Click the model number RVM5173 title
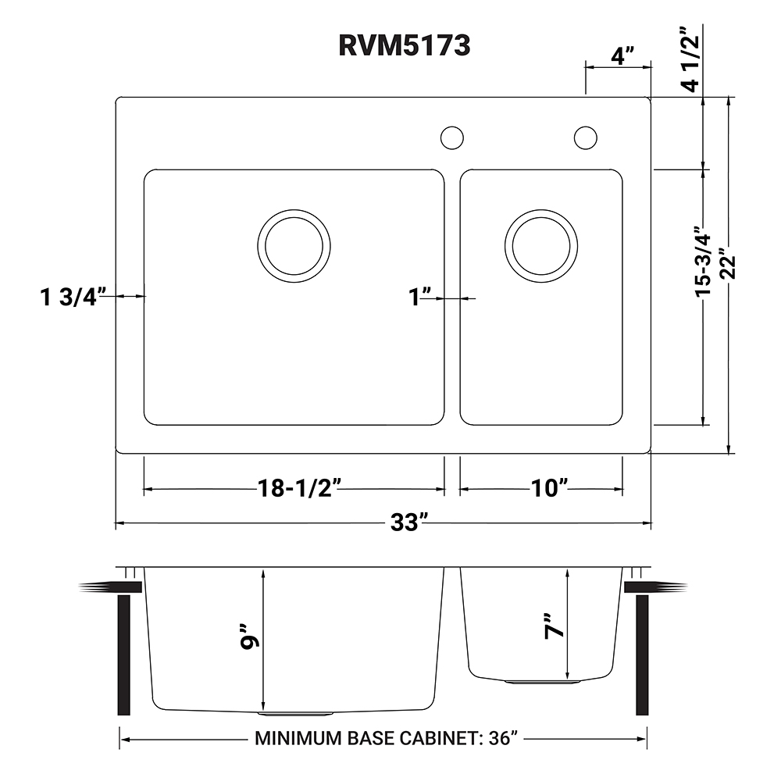point(404,46)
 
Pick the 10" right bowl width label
point(548,489)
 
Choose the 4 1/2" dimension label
point(687,60)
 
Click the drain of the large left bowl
point(293,245)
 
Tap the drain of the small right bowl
point(541,245)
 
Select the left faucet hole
point(451,137)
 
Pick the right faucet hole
point(585,137)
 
